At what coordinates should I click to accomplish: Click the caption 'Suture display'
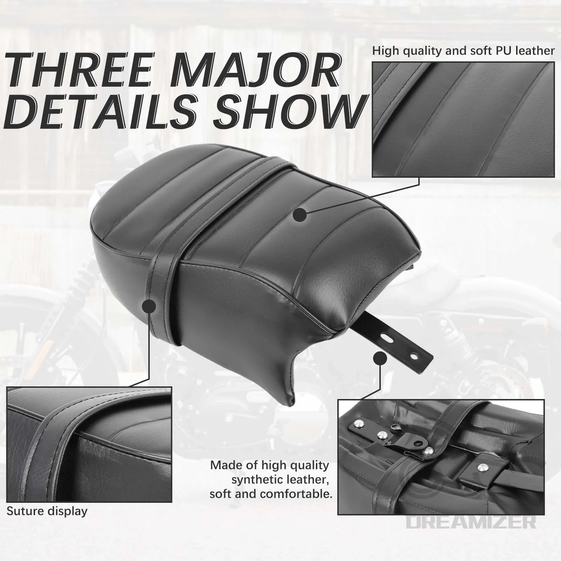tap(47, 511)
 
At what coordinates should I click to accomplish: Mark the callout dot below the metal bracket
tap(380, 359)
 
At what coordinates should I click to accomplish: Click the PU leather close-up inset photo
tap(463, 120)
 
